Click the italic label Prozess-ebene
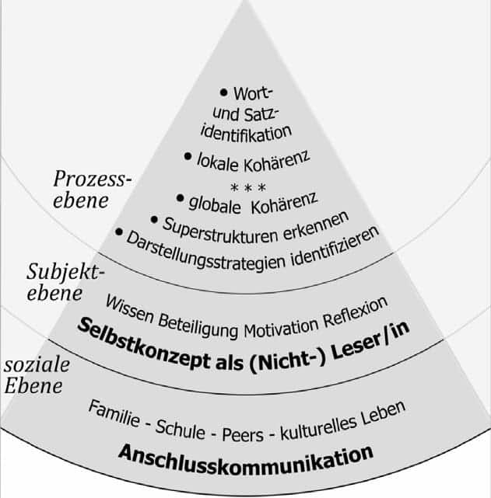(93, 189)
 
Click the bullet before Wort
(225, 92)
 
